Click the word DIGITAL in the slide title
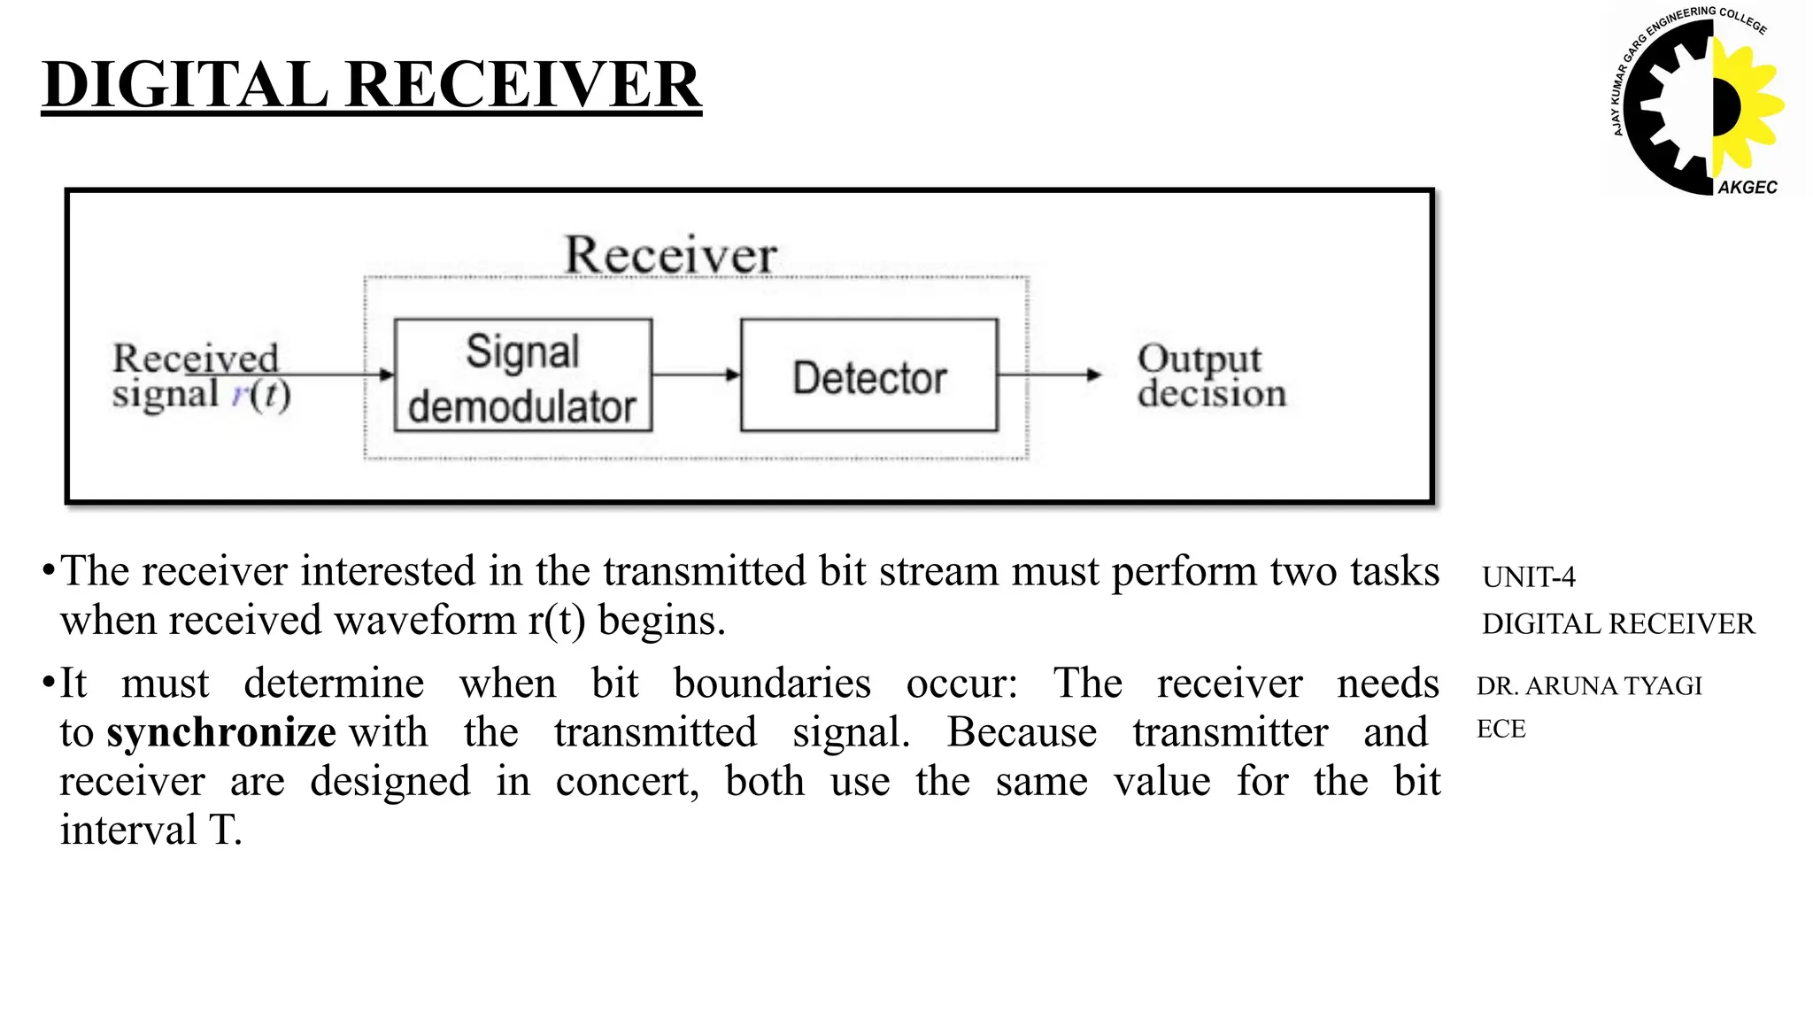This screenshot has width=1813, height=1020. pyautogui.click(x=185, y=85)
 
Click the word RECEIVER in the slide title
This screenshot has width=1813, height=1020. pyautogui.click(x=523, y=85)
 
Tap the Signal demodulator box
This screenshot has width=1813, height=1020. pyautogui.click(x=523, y=375)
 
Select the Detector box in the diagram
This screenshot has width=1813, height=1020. pyautogui.click(x=868, y=375)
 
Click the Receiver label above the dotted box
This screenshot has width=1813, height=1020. pyautogui.click(x=671, y=255)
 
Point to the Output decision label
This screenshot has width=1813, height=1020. pyautogui.click(x=1210, y=375)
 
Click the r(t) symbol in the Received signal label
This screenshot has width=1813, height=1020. pyautogui.click(x=262, y=393)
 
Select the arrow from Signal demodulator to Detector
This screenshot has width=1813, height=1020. pyautogui.click(x=696, y=375)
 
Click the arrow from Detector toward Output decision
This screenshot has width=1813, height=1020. pyautogui.click(x=1049, y=375)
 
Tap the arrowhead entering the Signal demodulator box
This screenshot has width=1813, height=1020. pyautogui.click(x=386, y=375)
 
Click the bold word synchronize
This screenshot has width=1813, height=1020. pyautogui.click(x=221, y=732)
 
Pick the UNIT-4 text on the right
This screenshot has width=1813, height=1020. pyautogui.click(x=1529, y=577)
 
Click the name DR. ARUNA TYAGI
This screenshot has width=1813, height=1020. pyautogui.click(x=1589, y=685)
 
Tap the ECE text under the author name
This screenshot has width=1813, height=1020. pyautogui.click(x=1501, y=729)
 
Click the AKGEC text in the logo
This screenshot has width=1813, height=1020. pyautogui.click(x=1747, y=187)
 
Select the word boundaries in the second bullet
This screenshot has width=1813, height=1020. pyautogui.click(x=772, y=684)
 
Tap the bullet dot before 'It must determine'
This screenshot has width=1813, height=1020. pyautogui.click(x=48, y=684)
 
